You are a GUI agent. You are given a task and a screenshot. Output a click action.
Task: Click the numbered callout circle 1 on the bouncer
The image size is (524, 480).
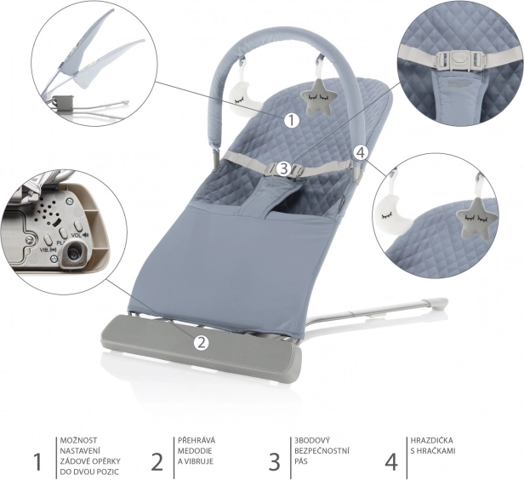tap(292, 121)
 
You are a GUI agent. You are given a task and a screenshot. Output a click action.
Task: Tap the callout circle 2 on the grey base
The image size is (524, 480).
tap(201, 342)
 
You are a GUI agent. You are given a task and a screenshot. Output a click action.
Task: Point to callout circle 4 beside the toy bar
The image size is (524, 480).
tap(360, 153)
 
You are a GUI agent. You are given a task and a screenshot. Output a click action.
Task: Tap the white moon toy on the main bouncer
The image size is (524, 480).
tap(242, 99)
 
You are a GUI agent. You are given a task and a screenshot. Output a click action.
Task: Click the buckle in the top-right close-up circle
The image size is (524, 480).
tap(459, 60)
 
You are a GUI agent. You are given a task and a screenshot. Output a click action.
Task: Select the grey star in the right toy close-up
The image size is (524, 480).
tap(476, 217)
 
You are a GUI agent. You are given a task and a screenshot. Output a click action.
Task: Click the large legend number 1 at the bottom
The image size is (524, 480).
tap(37, 461)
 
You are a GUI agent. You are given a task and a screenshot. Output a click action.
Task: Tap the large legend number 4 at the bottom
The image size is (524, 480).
tap(391, 461)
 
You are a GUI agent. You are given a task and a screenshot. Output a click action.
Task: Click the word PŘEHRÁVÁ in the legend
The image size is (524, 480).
tap(196, 441)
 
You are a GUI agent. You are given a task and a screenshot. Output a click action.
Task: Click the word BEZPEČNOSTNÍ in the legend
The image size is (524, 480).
tap(322, 451)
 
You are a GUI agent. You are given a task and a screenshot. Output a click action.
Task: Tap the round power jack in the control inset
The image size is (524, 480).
tap(73, 254)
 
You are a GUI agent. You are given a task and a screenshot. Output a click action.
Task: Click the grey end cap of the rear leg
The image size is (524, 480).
tap(437, 304)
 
